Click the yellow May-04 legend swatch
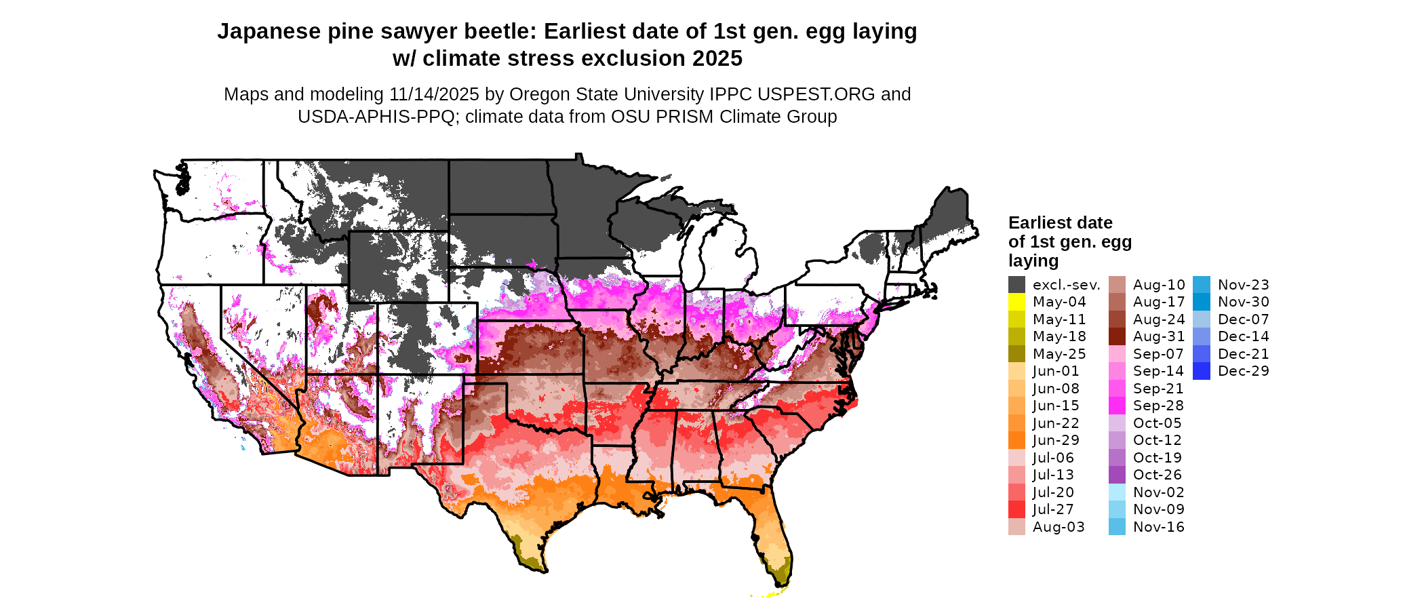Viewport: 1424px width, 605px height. tap(1016, 302)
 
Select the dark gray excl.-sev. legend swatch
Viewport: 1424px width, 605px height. tap(1016, 285)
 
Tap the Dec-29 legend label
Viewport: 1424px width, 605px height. tap(1243, 371)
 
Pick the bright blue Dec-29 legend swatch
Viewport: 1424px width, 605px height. tap(1201, 371)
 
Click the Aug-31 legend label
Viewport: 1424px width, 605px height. tap(1158, 336)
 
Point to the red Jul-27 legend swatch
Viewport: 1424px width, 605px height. tap(1016, 509)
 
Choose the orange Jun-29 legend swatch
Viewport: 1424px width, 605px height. tap(1016, 440)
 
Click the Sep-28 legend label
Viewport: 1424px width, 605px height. tap(1158, 406)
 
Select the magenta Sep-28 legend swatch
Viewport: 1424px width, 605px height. tap(1117, 406)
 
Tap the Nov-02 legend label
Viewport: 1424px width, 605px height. tap(1158, 492)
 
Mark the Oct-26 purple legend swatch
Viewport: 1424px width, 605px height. tap(1117, 475)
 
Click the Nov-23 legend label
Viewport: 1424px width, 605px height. tap(1243, 285)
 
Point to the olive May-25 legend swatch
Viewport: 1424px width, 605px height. tap(1016, 354)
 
